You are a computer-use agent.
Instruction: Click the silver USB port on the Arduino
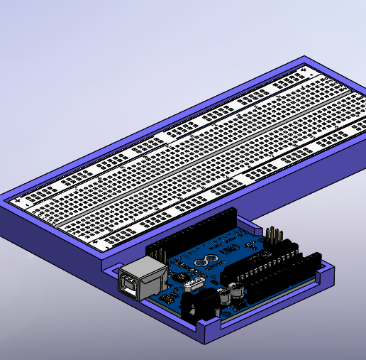139,279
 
